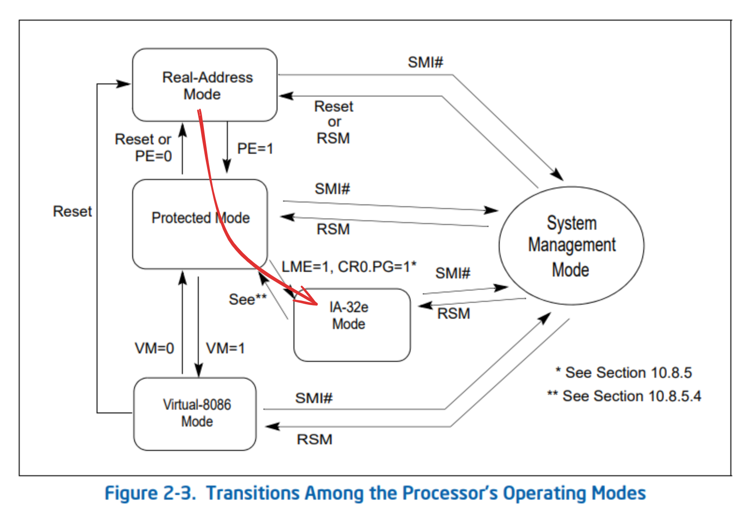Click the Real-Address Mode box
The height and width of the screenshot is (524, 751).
[205, 85]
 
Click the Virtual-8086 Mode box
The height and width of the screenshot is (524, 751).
[195, 413]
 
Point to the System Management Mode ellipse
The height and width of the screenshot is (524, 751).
[571, 246]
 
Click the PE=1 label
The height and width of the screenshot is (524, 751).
[255, 149]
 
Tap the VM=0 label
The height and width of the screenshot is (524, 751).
[154, 348]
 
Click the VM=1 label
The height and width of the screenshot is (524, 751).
[225, 348]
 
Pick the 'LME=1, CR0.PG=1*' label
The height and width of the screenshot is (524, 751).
[349, 267]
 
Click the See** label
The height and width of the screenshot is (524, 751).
[248, 299]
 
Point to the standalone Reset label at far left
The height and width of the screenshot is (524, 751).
[72, 211]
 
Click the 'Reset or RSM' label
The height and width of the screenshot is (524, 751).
[333, 122]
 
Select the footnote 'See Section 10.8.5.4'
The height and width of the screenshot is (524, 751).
[624, 396]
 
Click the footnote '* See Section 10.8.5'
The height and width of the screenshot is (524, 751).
[623, 373]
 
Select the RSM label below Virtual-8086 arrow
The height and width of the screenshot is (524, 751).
[315, 440]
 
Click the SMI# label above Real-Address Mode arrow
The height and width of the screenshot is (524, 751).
[425, 62]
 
